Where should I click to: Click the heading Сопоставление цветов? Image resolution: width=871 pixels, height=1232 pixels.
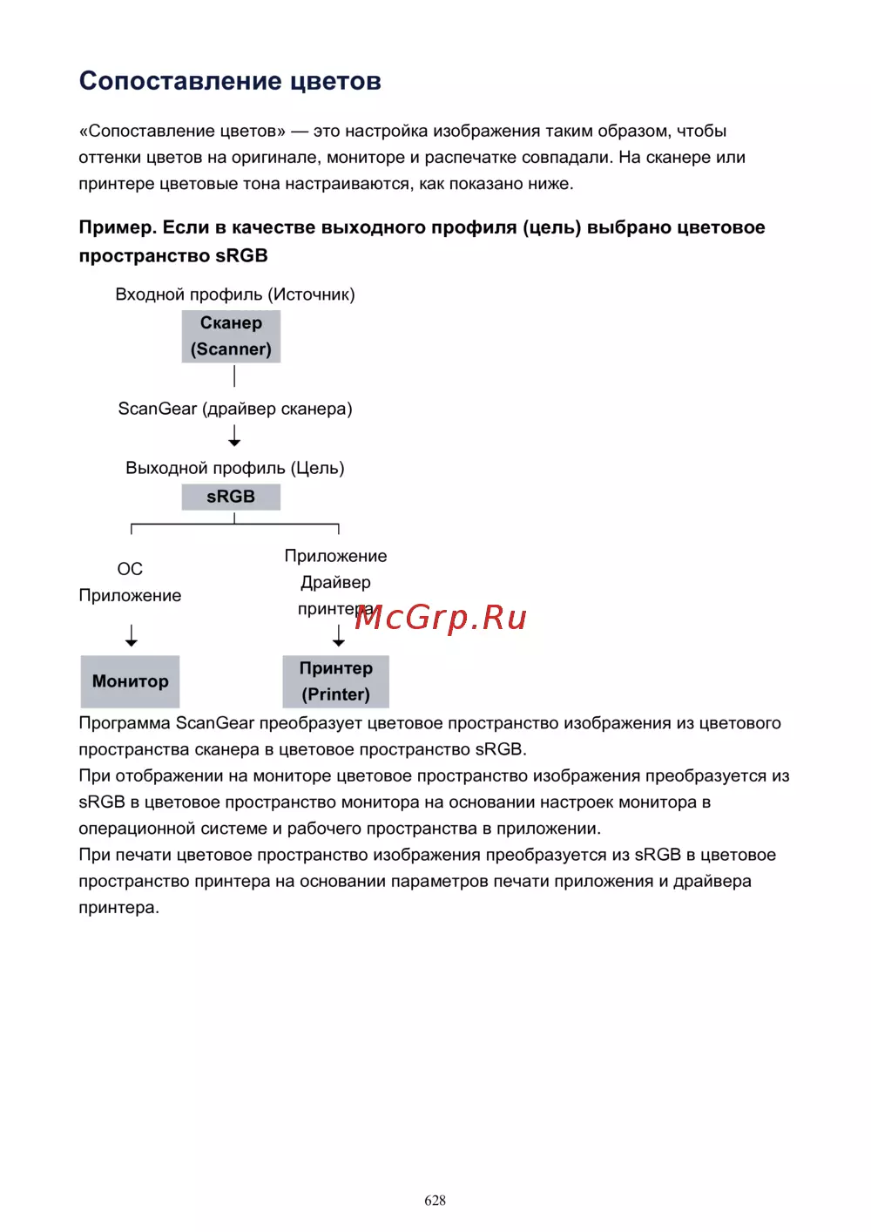click(230, 81)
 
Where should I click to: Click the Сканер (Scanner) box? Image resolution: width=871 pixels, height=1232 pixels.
click(231, 336)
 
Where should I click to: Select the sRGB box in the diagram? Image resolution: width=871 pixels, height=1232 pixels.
click(231, 497)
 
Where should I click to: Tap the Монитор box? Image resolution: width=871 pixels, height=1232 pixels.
click(131, 681)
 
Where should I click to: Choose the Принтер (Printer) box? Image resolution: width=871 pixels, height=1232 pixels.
click(336, 681)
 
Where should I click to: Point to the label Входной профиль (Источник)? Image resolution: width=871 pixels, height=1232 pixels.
click(235, 294)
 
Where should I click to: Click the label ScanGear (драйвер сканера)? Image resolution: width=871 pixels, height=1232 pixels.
click(235, 409)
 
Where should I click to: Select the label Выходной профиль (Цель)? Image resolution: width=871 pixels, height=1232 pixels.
click(235, 468)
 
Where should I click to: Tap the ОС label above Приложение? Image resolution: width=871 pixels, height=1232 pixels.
click(130, 569)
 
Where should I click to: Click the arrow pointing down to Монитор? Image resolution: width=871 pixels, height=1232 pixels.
click(132, 635)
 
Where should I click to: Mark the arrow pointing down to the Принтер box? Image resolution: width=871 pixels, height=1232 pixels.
click(339, 636)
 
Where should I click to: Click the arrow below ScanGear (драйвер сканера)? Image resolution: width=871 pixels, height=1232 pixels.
click(234, 436)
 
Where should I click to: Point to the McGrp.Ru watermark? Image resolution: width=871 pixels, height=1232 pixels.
click(441, 617)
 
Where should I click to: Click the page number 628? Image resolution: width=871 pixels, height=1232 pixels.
click(435, 1201)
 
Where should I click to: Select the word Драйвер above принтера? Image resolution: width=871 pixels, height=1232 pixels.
click(335, 582)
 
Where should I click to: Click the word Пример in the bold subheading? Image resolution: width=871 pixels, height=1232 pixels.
click(117, 227)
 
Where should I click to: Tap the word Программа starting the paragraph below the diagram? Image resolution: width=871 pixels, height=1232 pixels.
click(125, 723)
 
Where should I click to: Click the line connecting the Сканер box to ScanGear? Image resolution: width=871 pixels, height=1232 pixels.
click(234, 376)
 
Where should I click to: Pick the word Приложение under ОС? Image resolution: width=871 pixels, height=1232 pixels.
click(130, 596)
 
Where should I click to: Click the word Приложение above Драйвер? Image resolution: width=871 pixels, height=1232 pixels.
click(335, 556)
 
